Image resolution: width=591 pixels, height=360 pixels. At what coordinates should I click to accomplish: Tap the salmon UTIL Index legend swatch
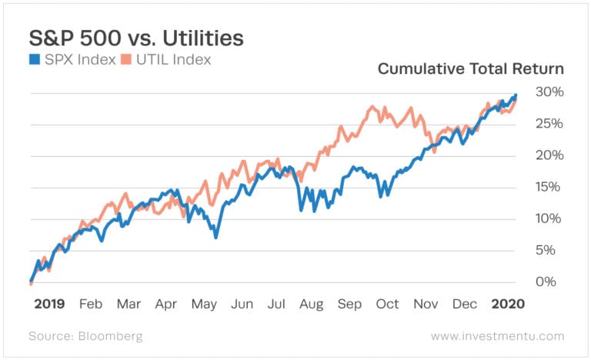[129, 58]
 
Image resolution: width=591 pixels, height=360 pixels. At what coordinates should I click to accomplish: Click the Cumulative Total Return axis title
[470, 69]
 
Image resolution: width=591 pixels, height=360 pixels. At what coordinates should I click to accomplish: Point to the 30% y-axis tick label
[545, 92]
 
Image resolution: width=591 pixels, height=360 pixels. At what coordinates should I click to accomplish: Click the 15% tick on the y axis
[545, 187]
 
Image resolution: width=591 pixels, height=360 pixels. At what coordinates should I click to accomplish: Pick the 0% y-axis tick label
[549, 282]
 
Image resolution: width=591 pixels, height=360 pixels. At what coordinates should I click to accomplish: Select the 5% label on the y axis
[549, 250]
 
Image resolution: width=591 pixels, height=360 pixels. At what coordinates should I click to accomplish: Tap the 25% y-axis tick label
[545, 124]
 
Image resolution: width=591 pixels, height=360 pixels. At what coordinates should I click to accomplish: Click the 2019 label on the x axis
[49, 304]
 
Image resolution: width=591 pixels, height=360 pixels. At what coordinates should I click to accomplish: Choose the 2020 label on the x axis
[509, 304]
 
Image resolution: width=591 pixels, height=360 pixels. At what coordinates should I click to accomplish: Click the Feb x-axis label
[90, 304]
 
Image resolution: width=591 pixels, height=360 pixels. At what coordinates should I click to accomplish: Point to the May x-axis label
[204, 304]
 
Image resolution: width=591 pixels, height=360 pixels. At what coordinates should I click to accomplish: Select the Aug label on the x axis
[312, 304]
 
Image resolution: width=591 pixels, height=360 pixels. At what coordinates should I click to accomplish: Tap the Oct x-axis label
[387, 304]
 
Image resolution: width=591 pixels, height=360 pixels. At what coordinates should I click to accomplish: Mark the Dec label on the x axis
[464, 304]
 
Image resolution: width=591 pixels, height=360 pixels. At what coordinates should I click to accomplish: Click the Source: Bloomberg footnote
[85, 336]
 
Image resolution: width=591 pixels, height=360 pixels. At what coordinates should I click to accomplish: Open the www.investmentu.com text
[497, 336]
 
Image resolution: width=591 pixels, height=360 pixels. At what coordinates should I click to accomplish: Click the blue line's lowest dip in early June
[216, 237]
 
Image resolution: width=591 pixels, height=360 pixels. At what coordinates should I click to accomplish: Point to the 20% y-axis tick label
[545, 155]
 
